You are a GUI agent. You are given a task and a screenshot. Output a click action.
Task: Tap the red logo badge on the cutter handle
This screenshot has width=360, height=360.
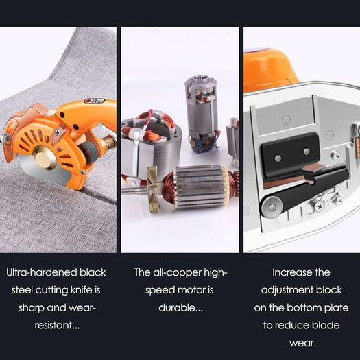pyautogui.click(x=95, y=101)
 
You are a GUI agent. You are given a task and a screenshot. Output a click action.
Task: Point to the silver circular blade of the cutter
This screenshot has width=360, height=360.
pyautogui.click(x=47, y=173)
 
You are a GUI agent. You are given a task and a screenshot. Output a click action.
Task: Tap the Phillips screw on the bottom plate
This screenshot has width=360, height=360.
pyautogui.click(x=319, y=207)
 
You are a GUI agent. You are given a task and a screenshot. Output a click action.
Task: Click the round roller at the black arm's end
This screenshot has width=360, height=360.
pyautogui.click(x=272, y=207)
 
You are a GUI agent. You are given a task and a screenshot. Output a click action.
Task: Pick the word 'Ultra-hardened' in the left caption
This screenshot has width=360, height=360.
pyautogui.click(x=42, y=272)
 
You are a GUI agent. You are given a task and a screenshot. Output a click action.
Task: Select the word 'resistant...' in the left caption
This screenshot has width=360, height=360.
pyautogui.click(x=57, y=325)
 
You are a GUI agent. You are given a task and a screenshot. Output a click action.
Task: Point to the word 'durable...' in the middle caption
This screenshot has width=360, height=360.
pyautogui.click(x=181, y=308)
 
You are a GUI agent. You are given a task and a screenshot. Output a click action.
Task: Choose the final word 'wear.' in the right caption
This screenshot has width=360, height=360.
pyautogui.click(x=302, y=344)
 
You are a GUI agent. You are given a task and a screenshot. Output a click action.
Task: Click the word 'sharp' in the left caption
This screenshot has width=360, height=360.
pyautogui.click(x=32, y=308)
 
